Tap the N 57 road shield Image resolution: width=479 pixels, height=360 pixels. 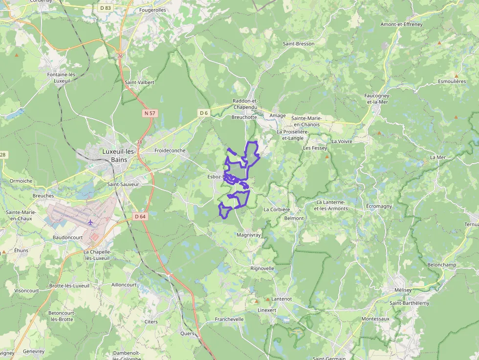[x=150, y=113]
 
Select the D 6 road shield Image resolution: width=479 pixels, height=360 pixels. [x=204, y=113]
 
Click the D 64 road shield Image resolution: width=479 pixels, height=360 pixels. [x=140, y=216]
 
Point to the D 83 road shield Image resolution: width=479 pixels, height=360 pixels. [x=105, y=8]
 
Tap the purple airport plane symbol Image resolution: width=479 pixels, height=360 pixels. [x=90, y=223]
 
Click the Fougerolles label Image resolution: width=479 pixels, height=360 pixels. [x=152, y=10]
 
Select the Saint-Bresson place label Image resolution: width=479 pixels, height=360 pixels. [x=299, y=43]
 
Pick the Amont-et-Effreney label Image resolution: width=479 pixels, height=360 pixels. [x=401, y=24]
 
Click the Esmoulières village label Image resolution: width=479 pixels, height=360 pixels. [x=452, y=81]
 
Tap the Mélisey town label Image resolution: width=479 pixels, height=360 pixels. [x=403, y=290]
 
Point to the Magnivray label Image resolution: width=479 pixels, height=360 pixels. [x=249, y=235]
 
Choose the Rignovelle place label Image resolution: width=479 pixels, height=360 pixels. [x=262, y=269]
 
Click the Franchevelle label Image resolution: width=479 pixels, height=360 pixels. [x=229, y=319]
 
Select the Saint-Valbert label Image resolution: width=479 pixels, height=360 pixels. [x=139, y=82]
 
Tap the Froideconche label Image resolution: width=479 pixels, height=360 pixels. [x=170, y=150]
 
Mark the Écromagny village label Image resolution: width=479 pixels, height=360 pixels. [x=379, y=206]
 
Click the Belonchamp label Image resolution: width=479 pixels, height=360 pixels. [x=441, y=264]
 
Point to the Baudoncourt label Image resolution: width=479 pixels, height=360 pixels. [x=68, y=237]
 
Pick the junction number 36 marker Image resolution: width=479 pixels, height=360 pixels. [x=120, y=56]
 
